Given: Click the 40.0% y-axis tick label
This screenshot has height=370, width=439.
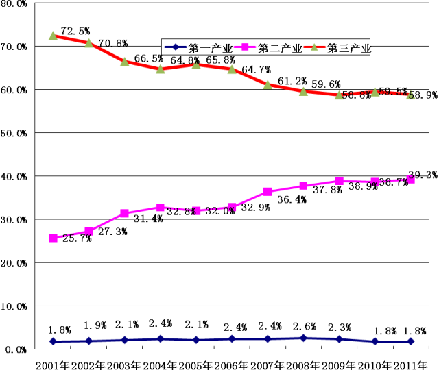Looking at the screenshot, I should coord(14,176).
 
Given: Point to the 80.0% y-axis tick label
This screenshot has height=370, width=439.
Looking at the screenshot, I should coord(14,4).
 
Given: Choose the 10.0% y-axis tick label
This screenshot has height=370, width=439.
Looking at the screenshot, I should coord(14,306).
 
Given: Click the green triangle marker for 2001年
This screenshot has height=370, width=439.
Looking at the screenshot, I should coord(53,35).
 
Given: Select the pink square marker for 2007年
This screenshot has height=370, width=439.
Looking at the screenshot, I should coord(268,192).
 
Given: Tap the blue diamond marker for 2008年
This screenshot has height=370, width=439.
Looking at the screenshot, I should coord(303,338).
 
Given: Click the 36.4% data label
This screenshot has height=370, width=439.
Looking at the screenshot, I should coord(280,200).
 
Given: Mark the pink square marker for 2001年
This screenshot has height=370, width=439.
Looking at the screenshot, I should coord(53,238).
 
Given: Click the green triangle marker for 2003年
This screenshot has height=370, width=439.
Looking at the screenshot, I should coord(125,61).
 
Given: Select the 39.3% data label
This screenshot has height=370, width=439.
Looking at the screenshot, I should coord(423,175).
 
